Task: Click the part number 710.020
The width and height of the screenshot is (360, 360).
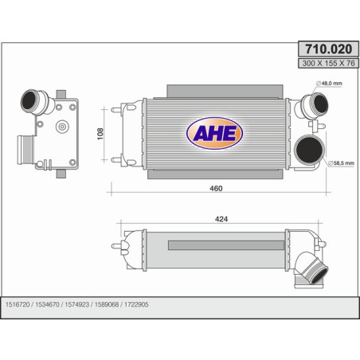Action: point(328,49)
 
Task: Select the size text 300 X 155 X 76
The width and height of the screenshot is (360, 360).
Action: point(328,63)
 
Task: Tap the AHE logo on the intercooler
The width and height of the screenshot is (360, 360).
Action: point(214,133)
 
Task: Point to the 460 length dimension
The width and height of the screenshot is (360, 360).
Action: point(216,188)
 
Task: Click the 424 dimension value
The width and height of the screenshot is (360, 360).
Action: point(221,219)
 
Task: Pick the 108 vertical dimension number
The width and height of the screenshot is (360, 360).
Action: point(100,134)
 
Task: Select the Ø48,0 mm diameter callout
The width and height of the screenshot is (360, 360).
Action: point(329,84)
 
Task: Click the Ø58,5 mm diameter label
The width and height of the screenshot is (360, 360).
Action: point(341,163)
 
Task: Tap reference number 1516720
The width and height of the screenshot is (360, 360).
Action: point(18,304)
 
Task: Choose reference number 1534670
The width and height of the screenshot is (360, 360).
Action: point(47,304)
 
